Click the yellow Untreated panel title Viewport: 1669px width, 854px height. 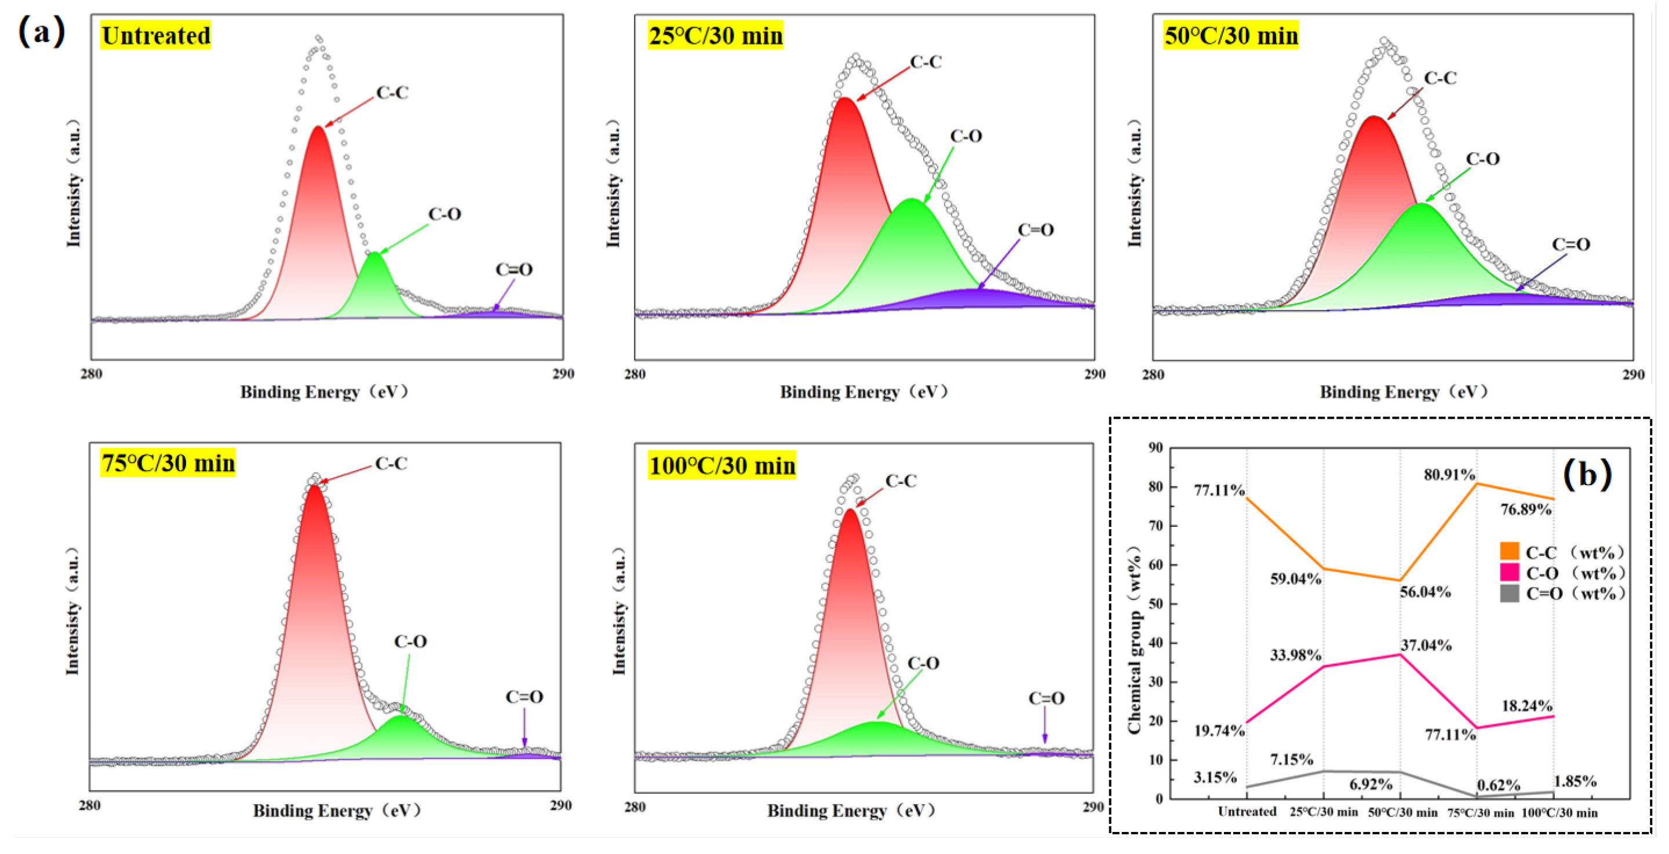(155, 35)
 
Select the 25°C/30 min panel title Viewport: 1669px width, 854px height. (715, 35)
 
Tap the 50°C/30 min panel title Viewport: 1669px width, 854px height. (1231, 35)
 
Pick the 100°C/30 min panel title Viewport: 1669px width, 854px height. (721, 466)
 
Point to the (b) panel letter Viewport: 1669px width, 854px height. (1587, 475)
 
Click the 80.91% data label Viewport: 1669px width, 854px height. (1449, 475)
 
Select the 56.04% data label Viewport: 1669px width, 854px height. (1425, 592)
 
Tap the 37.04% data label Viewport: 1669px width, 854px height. (1426, 646)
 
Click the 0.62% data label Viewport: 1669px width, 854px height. (1498, 785)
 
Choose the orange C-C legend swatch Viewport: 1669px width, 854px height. (1509, 552)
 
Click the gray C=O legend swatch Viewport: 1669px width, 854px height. (1509, 593)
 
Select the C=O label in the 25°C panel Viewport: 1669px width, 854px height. (1036, 230)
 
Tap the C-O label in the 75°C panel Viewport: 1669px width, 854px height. (410, 642)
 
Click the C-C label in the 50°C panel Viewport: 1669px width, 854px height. (1440, 78)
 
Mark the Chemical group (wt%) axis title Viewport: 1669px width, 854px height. (1134, 640)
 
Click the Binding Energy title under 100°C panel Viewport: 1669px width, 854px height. (851, 811)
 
